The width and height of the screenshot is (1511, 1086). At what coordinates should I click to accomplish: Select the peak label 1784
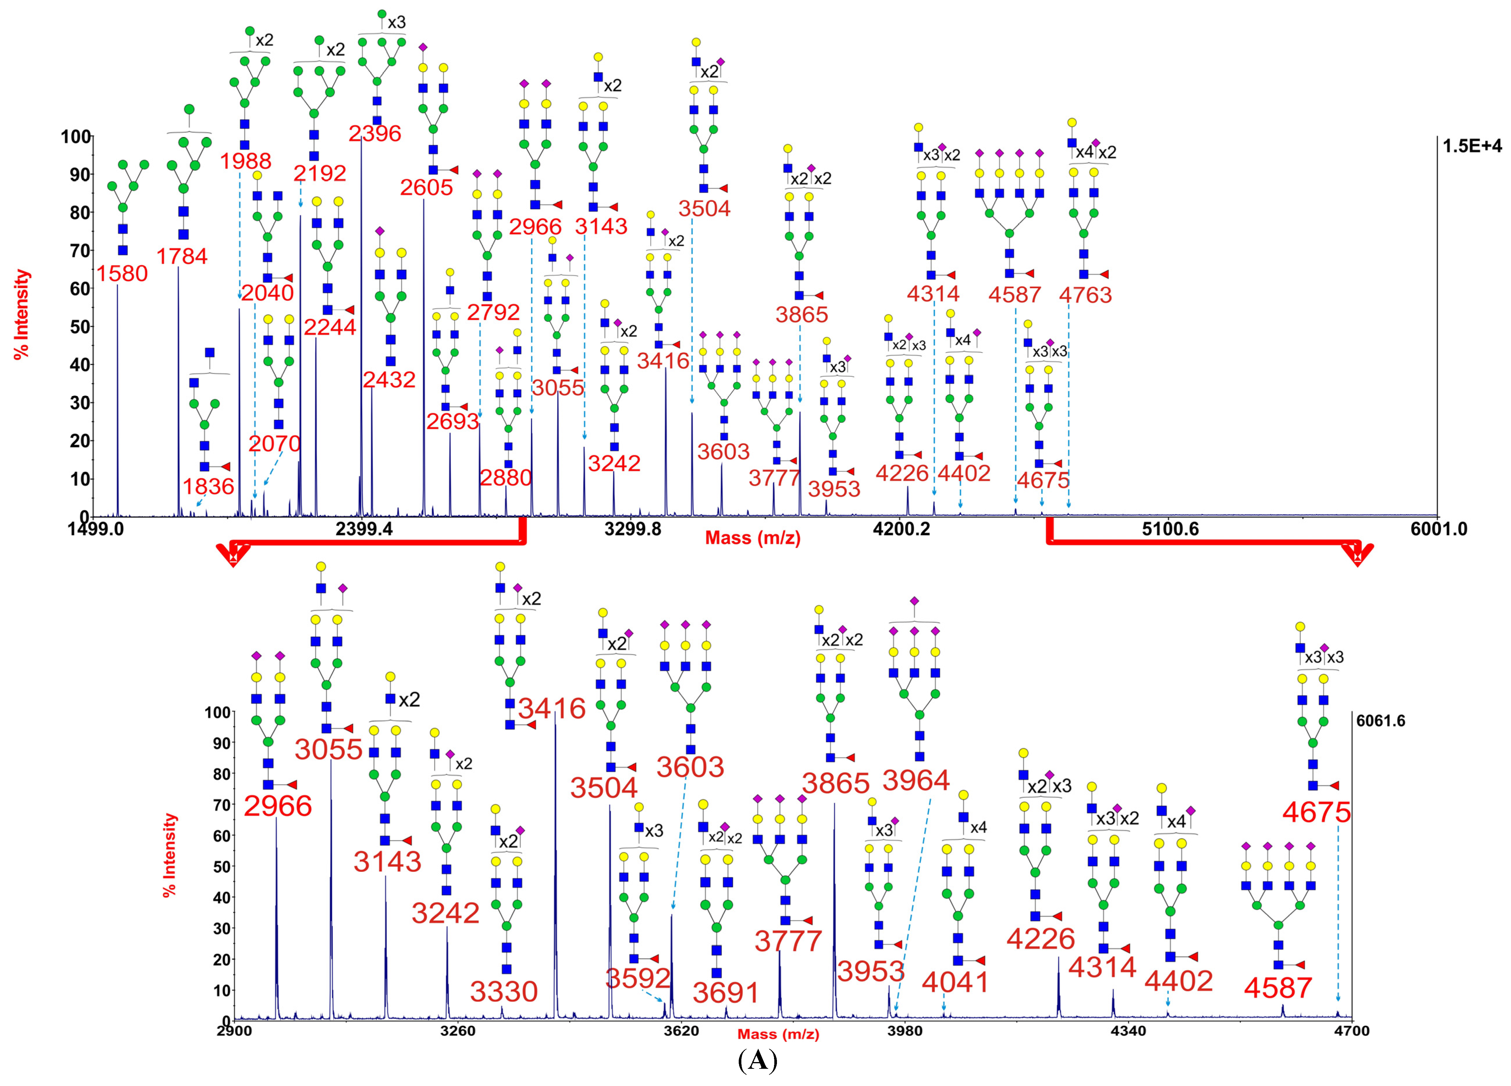pos(182,256)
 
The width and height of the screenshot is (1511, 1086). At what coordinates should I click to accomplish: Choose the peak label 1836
pos(209,486)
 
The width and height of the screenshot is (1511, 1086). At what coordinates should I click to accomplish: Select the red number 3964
pos(916,780)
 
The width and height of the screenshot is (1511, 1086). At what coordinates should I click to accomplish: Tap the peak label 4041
pos(955,982)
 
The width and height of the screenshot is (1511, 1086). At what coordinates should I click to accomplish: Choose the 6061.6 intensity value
pos(1380,721)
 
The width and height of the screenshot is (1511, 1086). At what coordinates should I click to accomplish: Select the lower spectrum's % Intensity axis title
pos(171,855)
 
